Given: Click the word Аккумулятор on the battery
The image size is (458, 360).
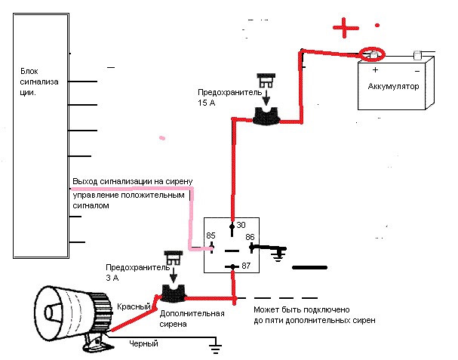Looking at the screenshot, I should pos(393,86).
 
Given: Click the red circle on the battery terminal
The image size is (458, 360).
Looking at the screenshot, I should pos(373,54).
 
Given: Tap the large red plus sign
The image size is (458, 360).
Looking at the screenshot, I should pos(346,29).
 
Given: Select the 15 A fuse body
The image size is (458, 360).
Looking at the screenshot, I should pos(265,115).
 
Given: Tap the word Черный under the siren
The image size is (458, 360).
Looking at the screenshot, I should pos(144,344).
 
